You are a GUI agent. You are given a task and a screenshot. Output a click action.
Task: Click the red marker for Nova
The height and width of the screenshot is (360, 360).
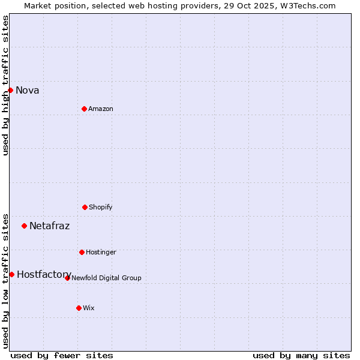pyautogui.click(x=10, y=90)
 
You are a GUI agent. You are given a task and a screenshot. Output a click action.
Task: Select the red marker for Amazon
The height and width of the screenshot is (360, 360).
pyautogui.click(x=84, y=109)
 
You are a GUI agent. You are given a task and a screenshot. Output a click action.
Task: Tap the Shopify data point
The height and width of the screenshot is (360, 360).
pyautogui.click(x=85, y=207)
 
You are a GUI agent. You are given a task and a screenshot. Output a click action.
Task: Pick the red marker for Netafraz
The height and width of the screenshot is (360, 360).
pyautogui.click(x=24, y=226)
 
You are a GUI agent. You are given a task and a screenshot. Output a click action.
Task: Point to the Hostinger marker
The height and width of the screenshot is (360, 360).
pyautogui.click(x=82, y=252)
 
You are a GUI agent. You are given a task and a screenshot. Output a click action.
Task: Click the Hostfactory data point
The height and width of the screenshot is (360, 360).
pyautogui.click(x=11, y=274)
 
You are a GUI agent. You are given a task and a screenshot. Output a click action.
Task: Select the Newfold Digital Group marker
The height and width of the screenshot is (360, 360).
pyautogui.click(x=67, y=278)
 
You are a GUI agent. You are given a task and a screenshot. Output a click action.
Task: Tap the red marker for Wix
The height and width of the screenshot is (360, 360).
pyautogui.click(x=79, y=308)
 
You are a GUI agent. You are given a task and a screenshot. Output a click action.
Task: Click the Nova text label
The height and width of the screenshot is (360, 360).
pyautogui.click(x=28, y=91)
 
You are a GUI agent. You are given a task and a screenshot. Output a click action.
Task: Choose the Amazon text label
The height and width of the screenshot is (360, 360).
pyautogui.click(x=101, y=109)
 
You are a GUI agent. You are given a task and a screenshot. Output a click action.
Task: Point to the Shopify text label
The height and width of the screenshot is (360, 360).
pyautogui.click(x=101, y=208)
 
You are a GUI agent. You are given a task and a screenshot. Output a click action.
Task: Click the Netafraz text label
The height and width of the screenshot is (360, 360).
pyautogui.click(x=49, y=226)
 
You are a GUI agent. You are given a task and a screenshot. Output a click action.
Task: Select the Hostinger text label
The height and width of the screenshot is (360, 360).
pyautogui.click(x=101, y=253)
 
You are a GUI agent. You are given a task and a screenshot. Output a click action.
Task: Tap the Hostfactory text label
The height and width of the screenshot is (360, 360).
pyautogui.click(x=44, y=275)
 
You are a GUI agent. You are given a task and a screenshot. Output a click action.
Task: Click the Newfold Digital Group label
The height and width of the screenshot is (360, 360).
pyautogui.click(x=106, y=278)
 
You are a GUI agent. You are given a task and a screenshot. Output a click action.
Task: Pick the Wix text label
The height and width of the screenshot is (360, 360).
pyautogui.click(x=89, y=308)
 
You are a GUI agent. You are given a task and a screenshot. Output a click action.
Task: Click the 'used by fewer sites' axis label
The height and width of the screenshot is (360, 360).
pyautogui.click(x=62, y=355)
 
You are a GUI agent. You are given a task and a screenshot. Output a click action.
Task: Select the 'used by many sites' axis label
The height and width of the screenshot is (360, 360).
pyautogui.click(x=301, y=355)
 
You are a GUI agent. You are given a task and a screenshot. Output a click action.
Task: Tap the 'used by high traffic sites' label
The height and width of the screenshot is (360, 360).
pyautogui.click(x=6, y=85)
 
